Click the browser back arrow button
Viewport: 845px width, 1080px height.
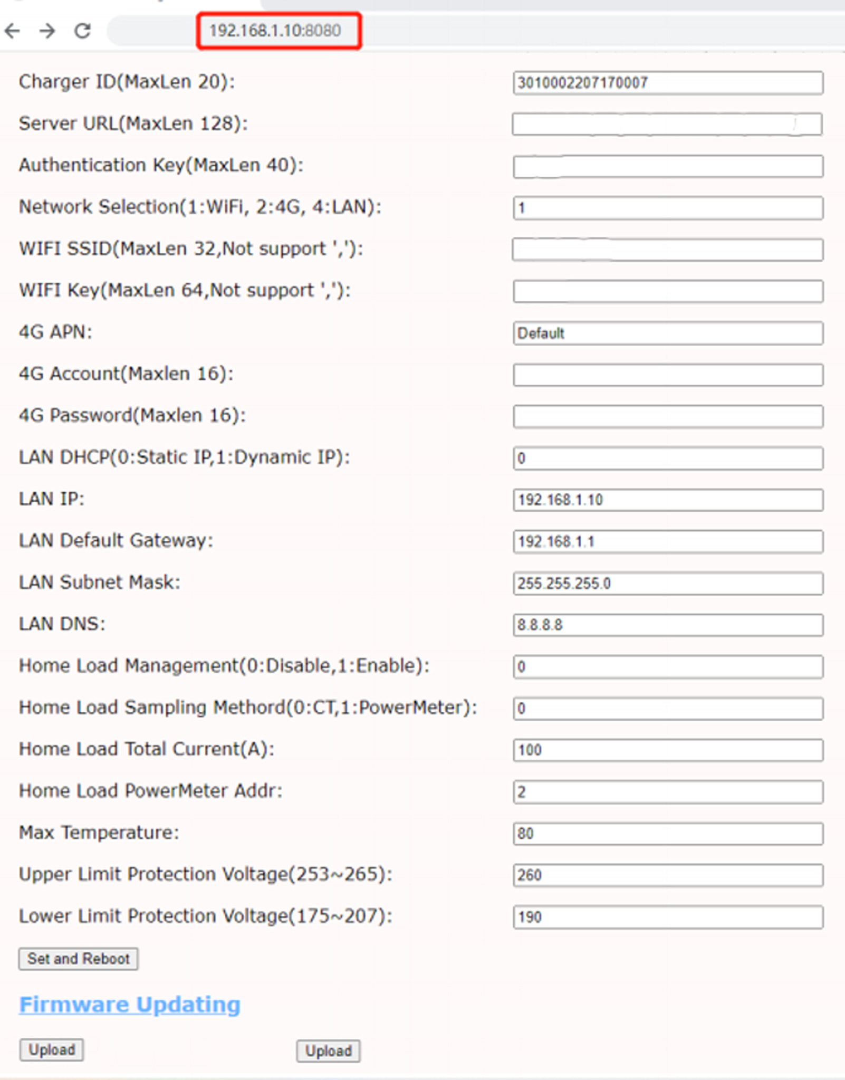(13, 31)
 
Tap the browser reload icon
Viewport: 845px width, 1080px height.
(82, 31)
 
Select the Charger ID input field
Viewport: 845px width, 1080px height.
(667, 83)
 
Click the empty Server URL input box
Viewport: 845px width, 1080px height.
(667, 125)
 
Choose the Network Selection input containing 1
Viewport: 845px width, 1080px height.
(667, 208)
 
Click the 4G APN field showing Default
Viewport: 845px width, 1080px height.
(667, 333)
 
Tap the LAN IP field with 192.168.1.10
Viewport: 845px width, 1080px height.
(667, 500)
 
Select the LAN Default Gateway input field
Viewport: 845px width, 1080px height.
(667, 541)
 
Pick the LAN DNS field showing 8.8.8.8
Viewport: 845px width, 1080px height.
(667, 625)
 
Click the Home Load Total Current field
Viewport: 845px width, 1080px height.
(667, 750)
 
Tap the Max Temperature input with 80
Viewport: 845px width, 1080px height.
(667, 834)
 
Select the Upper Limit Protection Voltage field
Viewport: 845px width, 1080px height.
(667, 875)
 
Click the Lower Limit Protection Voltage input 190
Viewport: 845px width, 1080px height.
(667, 917)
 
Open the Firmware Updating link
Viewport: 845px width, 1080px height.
(130, 1004)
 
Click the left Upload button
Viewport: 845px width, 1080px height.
(52, 1050)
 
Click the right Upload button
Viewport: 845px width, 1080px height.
(328, 1051)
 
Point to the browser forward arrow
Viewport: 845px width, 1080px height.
(47, 31)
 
